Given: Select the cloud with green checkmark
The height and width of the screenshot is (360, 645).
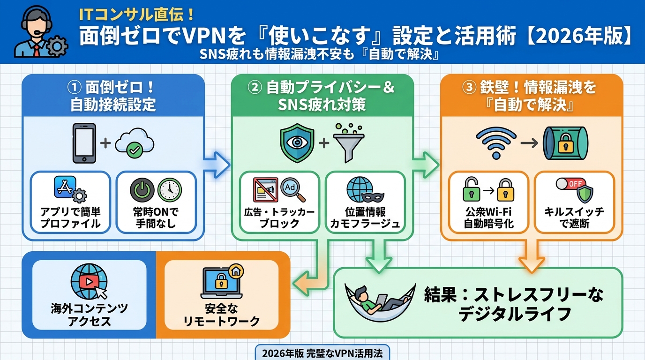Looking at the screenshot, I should tap(134, 143).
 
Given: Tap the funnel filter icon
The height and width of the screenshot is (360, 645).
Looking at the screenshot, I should tap(349, 143).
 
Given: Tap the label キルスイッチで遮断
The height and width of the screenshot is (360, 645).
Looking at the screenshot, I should tap(574, 217).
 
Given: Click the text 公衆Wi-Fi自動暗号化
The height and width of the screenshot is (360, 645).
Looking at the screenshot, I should tap(488, 217).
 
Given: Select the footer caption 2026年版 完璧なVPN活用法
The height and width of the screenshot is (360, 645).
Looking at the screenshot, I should tap(322, 353).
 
